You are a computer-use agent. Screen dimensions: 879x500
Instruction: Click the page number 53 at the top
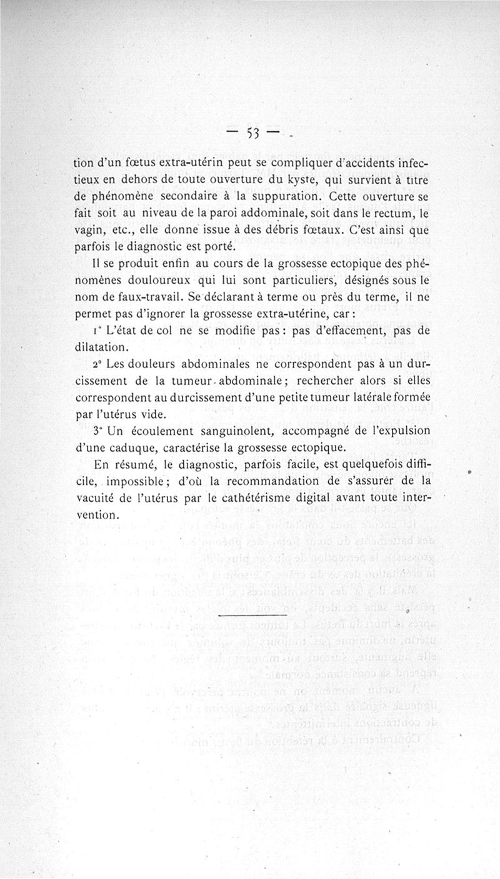(254, 132)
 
